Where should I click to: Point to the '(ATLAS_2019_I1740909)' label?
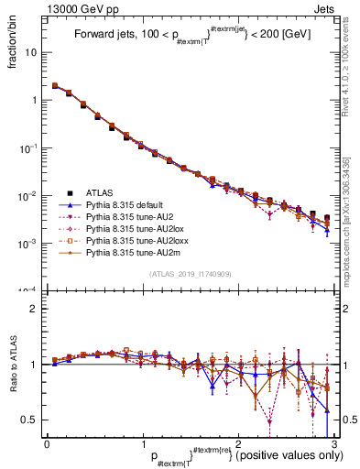click(190, 275)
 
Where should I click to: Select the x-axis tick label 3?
click(333, 443)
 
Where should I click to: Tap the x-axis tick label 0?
click(48, 443)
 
